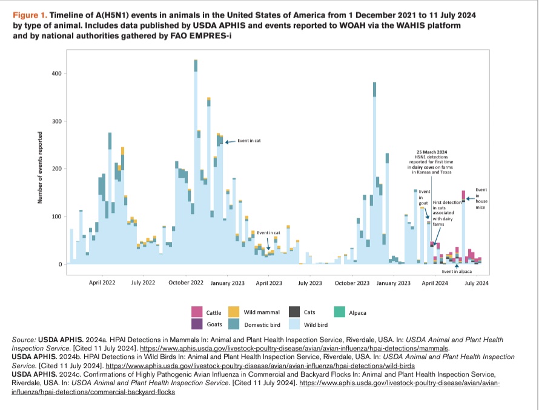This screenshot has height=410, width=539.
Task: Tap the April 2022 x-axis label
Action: pos(102,283)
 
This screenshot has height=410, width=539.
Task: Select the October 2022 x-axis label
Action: pos(185,283)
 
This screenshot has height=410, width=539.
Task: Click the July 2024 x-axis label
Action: pos(477,283)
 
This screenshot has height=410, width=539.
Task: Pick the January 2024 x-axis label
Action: pos(394,283)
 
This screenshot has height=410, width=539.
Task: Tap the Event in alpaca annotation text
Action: pos(457,272)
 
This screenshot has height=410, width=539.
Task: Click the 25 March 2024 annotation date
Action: pos(432,152)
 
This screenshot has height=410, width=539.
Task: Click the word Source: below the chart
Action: pos(24,340)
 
